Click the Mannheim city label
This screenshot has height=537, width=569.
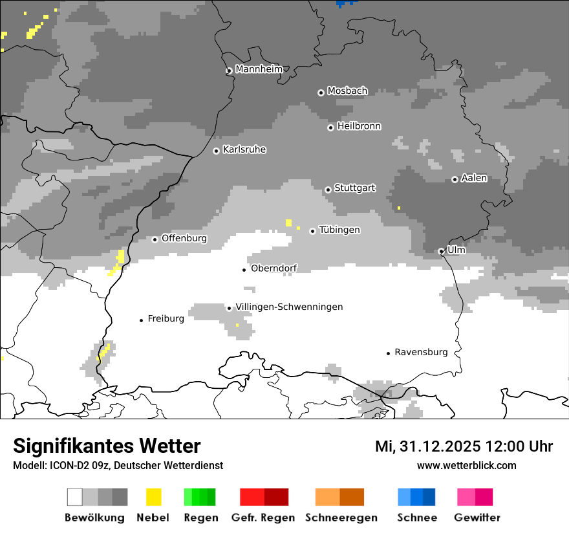point(259,69)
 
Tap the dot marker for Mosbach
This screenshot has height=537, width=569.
point(321,93)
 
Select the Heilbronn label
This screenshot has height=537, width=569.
point(359,126)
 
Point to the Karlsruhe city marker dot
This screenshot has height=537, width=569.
point(217,151)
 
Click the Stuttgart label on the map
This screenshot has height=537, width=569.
point(354,188)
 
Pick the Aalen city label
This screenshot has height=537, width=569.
point(474,178)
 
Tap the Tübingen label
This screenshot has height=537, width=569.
point(339,230)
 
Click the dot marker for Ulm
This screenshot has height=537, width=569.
point(441,251)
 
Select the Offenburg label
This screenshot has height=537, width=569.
point(184,238)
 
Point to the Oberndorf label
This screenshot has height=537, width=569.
point(274,268)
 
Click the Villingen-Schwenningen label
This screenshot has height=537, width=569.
point(289,307)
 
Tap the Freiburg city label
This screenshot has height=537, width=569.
point(166,319)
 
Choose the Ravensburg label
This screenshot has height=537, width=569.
point(421,353)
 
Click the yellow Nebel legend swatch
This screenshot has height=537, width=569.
point(154,497)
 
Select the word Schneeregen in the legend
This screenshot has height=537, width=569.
point(341,518)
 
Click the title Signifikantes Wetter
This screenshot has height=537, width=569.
point(107,446)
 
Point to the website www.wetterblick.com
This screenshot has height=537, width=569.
point(466,465)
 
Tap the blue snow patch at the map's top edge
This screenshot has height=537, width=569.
point(346,3)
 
